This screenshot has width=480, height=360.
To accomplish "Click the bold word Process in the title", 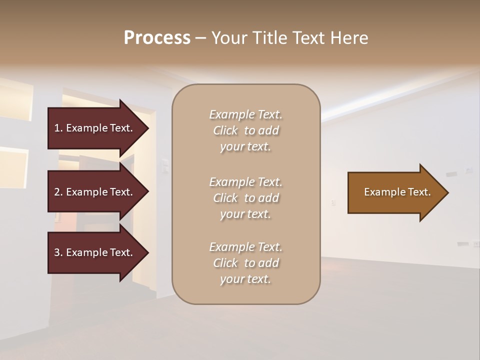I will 157,38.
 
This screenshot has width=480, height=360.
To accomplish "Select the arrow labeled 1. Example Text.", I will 95,128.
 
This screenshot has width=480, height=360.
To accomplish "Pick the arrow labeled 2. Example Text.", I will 95,192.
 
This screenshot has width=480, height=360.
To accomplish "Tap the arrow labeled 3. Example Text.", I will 95,252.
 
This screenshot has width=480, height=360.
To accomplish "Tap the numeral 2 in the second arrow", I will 57,192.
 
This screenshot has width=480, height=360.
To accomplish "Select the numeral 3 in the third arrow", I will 57,252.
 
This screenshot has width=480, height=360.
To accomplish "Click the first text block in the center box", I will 245,130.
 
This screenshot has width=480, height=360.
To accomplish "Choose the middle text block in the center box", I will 245,198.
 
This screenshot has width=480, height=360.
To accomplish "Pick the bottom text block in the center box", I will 245,263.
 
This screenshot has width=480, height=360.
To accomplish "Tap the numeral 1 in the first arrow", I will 56,128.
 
